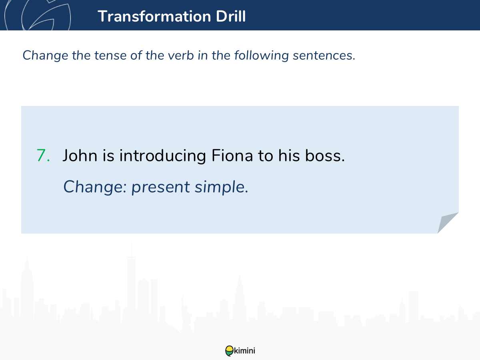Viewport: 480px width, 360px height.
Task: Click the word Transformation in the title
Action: pos(154,16)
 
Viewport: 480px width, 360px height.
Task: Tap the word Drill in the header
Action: pos(231,16)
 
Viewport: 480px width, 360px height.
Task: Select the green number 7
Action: pos(43,156)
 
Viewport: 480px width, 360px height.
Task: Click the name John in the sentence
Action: pos(80,156)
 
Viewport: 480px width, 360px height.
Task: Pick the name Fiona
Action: pos(232,156)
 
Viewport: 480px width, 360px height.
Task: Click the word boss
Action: pos(325,156)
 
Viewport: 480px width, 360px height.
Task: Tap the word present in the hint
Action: pos(161,187)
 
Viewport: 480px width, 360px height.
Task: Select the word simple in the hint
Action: pos(222,187)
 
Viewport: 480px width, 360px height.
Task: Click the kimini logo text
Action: pos(244,351)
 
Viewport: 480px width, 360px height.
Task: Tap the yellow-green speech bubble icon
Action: pos(229,351)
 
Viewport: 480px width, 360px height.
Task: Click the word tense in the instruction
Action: pos(111,55)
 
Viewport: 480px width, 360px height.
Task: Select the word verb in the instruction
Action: pos(181,55)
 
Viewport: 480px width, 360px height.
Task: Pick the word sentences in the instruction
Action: pos(324,55)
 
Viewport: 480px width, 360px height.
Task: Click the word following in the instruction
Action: pos(262,56)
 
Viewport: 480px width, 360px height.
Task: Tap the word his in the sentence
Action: pos(289,156)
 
